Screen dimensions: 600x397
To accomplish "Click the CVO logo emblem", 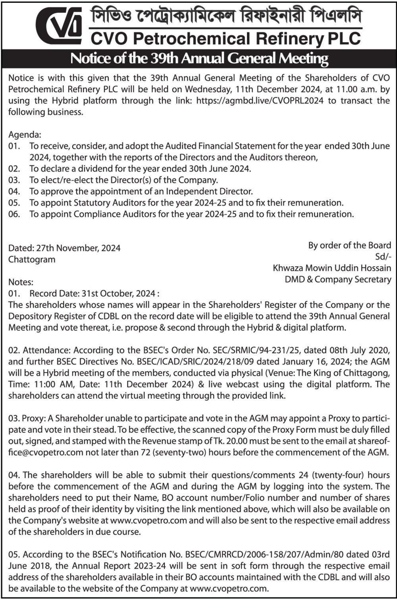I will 59,25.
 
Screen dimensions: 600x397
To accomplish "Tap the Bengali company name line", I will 226,17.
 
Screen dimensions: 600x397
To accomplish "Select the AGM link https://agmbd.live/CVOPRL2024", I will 260,101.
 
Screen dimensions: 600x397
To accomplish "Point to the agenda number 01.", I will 14,146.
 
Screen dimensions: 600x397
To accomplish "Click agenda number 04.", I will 14,192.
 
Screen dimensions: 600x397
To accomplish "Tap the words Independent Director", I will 209,192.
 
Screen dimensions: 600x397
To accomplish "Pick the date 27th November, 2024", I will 78,248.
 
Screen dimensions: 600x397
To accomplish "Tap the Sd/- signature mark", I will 383,257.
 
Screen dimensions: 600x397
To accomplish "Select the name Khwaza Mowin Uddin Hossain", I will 332,268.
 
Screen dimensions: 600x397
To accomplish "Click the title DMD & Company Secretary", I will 338,280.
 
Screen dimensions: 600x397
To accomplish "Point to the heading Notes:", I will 21,282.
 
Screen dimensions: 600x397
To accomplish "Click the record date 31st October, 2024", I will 118,294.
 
